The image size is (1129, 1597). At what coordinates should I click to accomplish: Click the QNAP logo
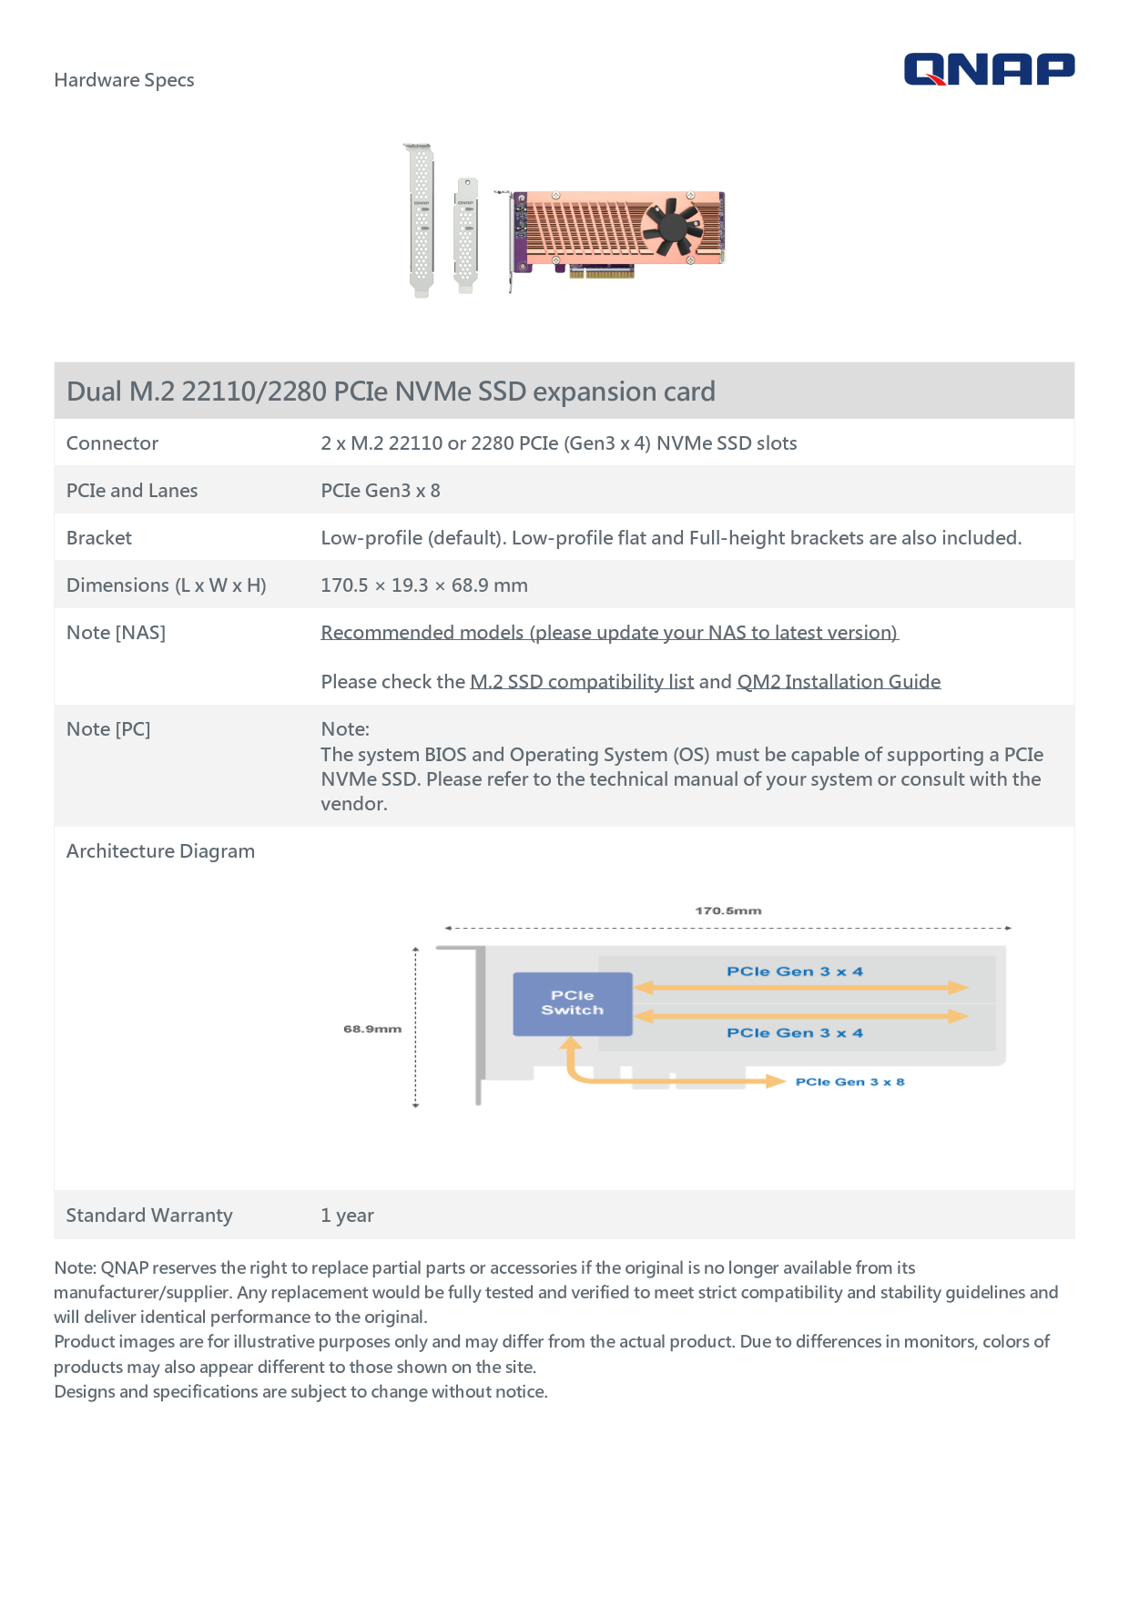tap(989, 69)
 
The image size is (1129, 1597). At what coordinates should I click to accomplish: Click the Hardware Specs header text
tap(124, 80)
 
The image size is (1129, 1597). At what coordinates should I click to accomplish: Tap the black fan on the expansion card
tap(671, 227)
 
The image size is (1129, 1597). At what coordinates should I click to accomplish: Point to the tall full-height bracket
tap(420, 219)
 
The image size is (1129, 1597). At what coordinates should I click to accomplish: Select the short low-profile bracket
tap(465, 234)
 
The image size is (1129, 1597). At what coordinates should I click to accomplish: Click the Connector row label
tap(112, 443)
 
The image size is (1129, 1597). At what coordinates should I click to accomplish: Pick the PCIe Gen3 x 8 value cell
tap(381, 491)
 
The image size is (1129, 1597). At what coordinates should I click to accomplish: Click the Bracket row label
tap(99, 538)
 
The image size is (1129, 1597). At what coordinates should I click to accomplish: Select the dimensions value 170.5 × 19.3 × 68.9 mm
tap(424, 585)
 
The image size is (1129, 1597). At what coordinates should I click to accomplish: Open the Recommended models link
tap(609, 633)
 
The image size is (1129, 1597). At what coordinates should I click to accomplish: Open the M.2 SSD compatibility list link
tap(582, 682)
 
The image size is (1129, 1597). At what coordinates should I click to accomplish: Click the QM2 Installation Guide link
tap(839, 682)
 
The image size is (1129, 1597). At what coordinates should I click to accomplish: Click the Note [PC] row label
tap(108, 729)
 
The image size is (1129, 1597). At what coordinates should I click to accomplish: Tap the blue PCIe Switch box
tap(572, 1003)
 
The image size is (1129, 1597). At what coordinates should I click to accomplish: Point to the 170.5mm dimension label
tap(728, 910)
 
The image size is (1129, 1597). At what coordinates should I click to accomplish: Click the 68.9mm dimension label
tap(372, 1029)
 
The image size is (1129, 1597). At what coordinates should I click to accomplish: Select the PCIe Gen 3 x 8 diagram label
tap(849, 1082)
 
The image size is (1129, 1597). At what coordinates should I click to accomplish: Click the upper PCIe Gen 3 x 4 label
tap(794, 971)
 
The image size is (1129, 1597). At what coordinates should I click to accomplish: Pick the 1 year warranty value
tap(347, 1216)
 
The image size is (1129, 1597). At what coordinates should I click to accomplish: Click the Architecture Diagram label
tap(160, 851)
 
